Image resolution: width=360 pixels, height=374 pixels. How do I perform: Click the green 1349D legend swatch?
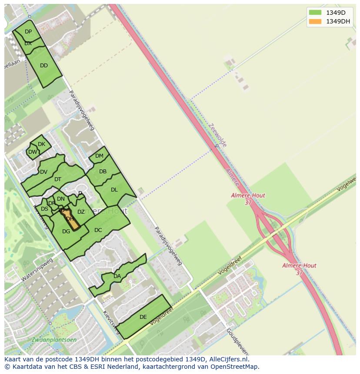tap(315, 12)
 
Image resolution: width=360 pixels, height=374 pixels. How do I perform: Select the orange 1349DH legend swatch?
tap(315, 21)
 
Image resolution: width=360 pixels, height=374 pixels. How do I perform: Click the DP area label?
tap(28, 32)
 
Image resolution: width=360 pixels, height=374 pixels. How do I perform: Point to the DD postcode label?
tap(44, 66)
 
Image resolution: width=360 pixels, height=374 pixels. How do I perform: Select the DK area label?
tap(41, 144)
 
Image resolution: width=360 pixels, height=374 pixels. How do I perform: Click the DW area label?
tap(33, 152)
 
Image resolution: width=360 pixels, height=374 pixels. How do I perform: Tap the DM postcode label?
tap(99, 156)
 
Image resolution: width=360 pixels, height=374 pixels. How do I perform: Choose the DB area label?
tap(103, 172)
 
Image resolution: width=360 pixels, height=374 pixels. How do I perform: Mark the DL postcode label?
tap(114, 190)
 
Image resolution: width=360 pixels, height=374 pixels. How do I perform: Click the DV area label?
tap(43, 172)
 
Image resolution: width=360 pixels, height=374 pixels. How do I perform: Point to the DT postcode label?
tap(58, 179)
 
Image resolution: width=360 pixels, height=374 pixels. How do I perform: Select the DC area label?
tap(98, 230)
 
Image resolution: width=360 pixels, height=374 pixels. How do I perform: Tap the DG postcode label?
tap(66, 232)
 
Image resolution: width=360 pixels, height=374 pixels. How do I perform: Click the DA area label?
tap(117, 276)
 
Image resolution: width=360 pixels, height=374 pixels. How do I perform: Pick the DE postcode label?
tap(143, 317)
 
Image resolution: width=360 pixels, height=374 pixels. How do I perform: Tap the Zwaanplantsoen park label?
tap(54, 340)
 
